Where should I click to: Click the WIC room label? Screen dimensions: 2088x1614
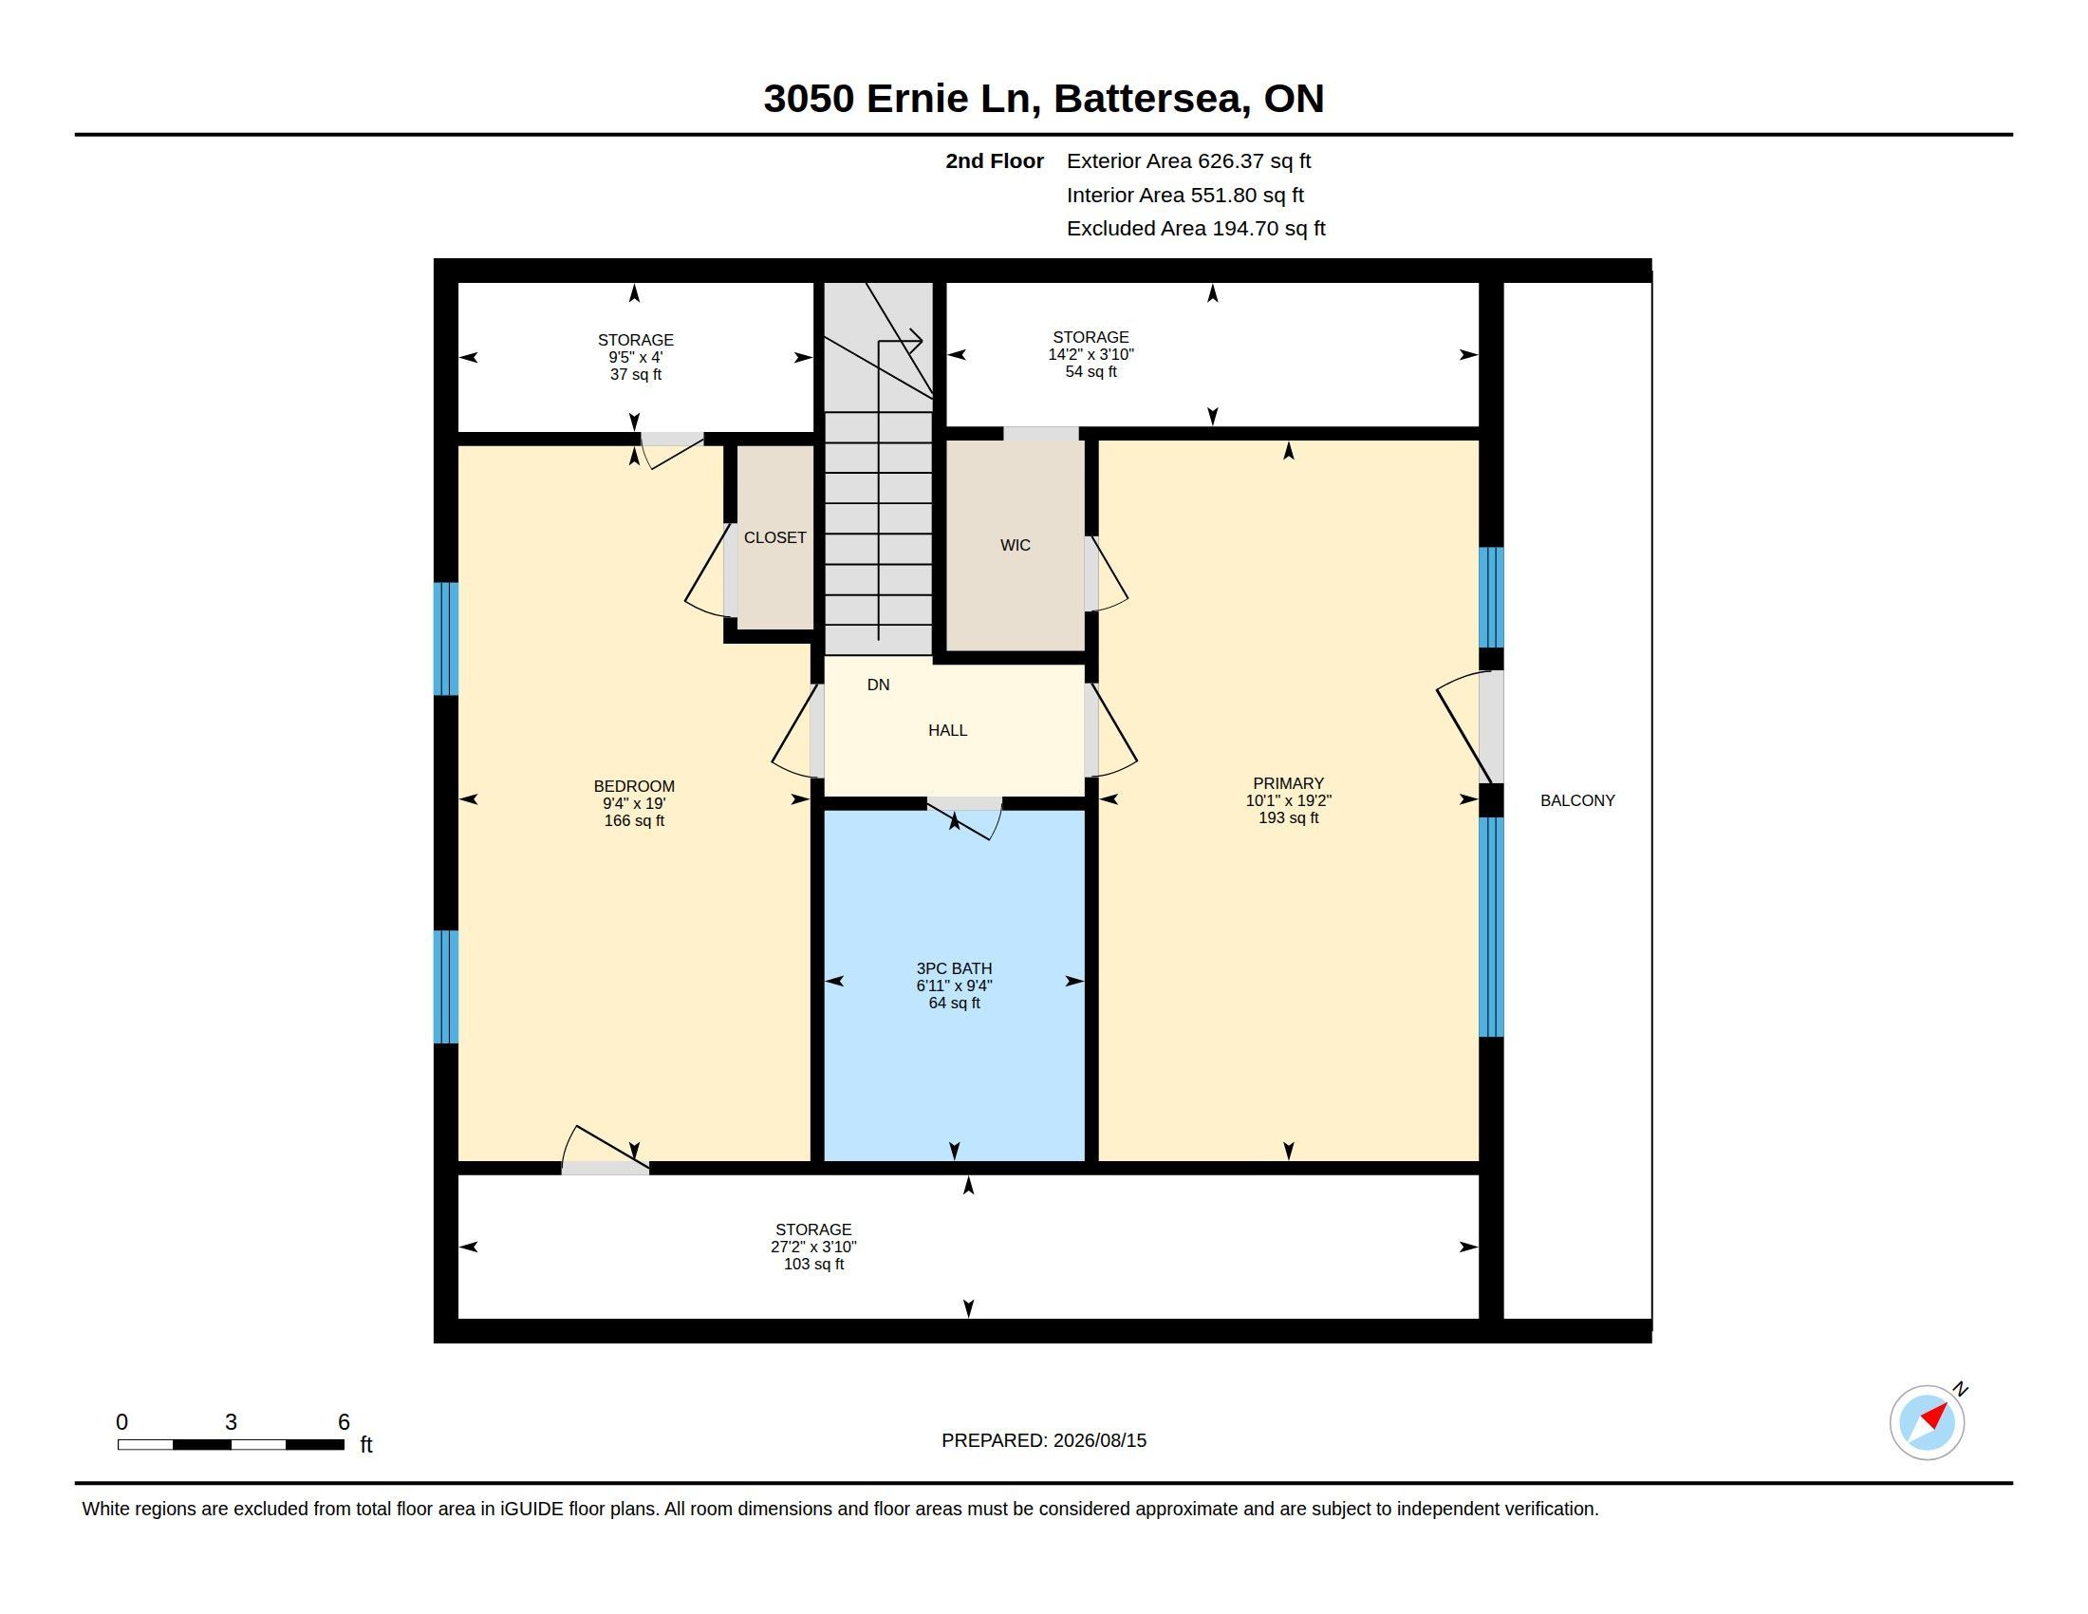coord(1016,545)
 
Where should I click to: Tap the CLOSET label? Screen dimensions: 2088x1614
coord(774,537)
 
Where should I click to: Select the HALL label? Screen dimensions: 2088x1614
coord(947,730)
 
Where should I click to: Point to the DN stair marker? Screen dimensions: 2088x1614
coord(878,685)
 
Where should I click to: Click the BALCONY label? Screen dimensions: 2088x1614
coord(1577,800)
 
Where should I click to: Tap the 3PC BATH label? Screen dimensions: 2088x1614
coord(954,967)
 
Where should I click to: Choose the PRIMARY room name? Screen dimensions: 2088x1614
coord(1288,783)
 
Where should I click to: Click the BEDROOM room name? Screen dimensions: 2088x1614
coord(634,786)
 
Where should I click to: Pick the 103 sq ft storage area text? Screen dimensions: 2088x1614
coord(813,1264)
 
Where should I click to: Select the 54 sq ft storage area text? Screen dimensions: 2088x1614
coord(1091,371)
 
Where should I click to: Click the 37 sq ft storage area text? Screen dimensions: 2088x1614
coord(636,374)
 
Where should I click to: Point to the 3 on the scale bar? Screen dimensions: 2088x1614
coord(231,1422)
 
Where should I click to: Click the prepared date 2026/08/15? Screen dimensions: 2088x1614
coord(1099,1440)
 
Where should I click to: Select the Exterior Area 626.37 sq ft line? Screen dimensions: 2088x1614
coord(1188,160)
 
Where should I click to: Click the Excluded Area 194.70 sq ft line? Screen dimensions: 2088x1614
coord(1196,229)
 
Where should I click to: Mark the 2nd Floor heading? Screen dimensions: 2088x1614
coord(995,160)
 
